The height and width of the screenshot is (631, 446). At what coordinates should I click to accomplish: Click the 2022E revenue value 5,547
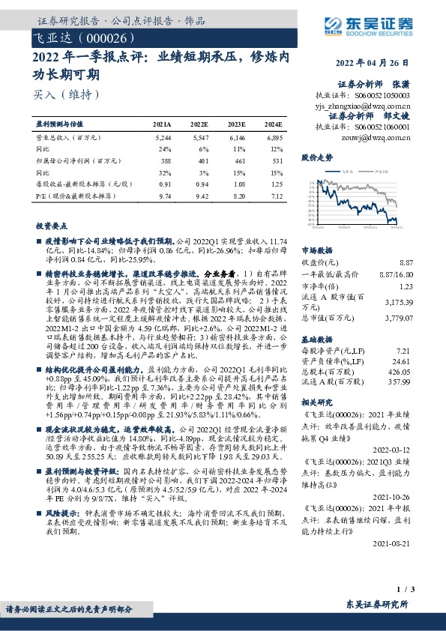[x=199, y=139]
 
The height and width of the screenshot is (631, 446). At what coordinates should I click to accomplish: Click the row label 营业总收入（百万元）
[x=68, y=139]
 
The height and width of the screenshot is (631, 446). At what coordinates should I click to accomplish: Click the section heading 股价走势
[x=316, y=159]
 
